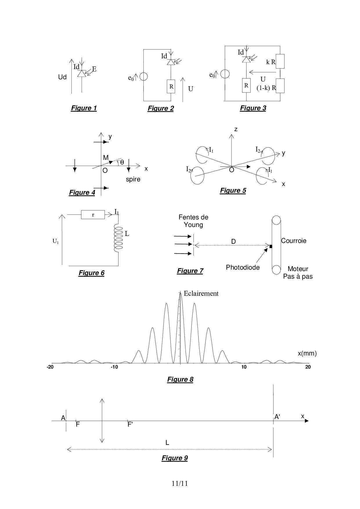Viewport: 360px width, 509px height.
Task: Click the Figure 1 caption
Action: pyautogui.click(x=84, y=108)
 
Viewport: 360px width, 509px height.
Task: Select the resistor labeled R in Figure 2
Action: pyautogui.click(x=171, y=86)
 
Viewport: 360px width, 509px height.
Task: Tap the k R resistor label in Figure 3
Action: pyautogui.click(x=271, y=62)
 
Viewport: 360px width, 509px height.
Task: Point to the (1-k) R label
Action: pyautogui.click(x=266, y=88)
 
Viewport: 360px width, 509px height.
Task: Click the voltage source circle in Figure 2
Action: pyautogui.click(x=143, y=77)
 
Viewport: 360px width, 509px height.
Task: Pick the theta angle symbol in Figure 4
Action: pyautogui.click(x=122, y=162)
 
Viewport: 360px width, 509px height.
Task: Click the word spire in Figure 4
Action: pyautogui.click(x=133, y=179)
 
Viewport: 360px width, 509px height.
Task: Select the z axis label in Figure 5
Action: pyautogui.click(x=236, y=129)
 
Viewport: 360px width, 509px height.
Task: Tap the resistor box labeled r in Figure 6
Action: pyautogui.click(x=93, y=215)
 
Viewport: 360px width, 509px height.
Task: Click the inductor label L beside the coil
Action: pyautogui.click(x=127, y=234)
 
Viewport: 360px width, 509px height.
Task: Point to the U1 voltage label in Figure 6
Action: pyautogui.click(x=55, y=241)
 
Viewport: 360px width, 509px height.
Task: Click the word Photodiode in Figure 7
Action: pyautogui.click(x=243, y=267)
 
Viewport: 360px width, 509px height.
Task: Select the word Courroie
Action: pyautogui.click(x=294, y=241)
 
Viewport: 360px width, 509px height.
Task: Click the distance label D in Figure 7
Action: pyautogui.click(x=233, y=241)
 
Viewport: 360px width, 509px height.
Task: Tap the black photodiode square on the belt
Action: pyautogui.click(x=271, y=246)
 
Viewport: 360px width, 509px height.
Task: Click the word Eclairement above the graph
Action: pyautogui.click(x=201, y=293)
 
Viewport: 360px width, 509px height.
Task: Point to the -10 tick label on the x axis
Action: pyautogui.click(x=114, y=367)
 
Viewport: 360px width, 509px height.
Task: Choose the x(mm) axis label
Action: pyautogui.click(x=307, y=353)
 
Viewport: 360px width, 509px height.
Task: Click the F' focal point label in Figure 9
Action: pyautogui.click(x=130, y=425)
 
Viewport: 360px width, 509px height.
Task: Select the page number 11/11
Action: pyautogui.click(x=180, y=483)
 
